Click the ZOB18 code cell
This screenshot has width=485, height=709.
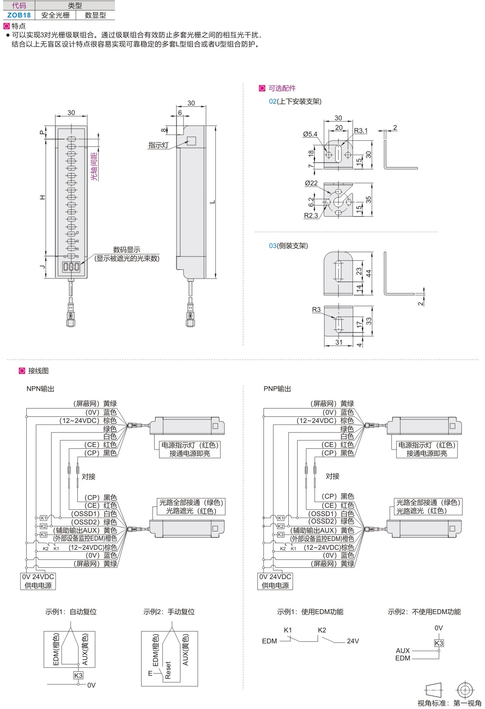coord(19,15)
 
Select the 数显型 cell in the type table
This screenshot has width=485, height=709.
coord(95,15)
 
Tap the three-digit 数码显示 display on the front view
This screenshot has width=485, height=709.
coord(72,266)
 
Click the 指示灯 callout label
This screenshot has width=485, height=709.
coord(159,145)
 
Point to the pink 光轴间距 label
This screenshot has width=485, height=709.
coord(94,167)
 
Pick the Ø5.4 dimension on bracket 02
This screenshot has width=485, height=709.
coord(310,134)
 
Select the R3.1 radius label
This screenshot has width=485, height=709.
coord(361,130)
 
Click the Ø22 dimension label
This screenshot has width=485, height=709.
coord(311,183)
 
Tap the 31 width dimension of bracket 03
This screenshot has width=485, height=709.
coord(339,342)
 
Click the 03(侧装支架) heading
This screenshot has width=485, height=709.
coord(288,246)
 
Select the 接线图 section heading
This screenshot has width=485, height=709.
coord(38,370)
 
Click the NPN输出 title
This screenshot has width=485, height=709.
coord(40,389)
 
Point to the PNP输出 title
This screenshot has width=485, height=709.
coord(277,389)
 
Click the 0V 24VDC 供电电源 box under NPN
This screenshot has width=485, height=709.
coord(38,581)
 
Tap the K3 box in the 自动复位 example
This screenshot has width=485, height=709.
coord(78,675)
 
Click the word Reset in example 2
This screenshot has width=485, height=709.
coord(168,670)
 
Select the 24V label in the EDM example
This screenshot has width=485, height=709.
coord(353,641)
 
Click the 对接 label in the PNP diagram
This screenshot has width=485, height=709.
coord(333,476)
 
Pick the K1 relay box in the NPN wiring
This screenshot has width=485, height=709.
coord(43,518)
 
